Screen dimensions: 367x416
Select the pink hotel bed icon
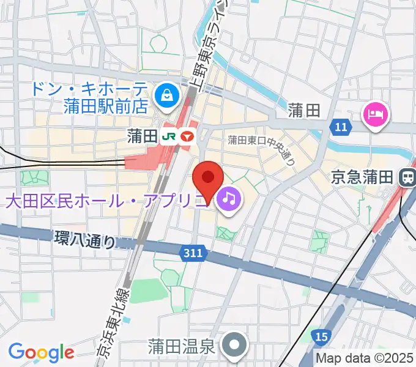click(376, 114)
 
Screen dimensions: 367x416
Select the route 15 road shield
click(322, 335)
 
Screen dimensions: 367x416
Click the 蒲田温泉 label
click(182, 347)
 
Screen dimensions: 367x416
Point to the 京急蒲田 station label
click(362, 177)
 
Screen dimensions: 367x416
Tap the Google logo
click(41, 353)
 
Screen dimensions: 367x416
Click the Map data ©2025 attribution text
click(365, 358)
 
